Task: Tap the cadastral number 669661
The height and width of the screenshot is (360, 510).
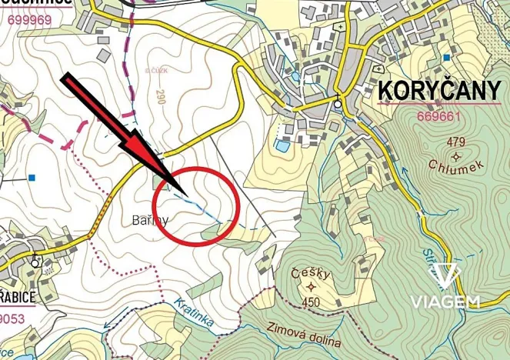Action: [x=438, y=117]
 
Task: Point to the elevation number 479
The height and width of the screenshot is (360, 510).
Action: [x=456, y=142]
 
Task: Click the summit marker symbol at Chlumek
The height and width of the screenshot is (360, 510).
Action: [x=457, y=155]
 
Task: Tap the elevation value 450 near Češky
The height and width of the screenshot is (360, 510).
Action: [x=312, y=302]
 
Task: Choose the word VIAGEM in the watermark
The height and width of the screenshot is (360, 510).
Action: [x=445, y=301]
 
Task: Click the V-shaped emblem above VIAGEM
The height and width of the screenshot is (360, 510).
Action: [x=445, y=275]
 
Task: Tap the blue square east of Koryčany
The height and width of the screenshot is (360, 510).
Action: [x=447, y=58]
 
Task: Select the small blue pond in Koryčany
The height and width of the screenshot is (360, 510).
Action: [x=282, y=145]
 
